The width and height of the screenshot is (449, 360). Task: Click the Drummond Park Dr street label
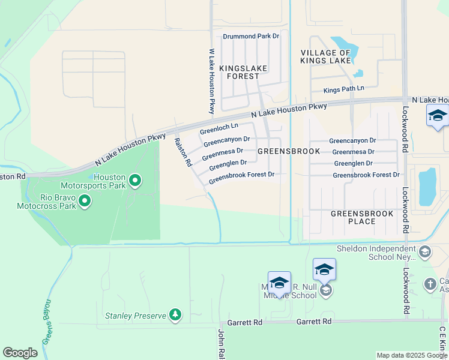[x=251, y=37]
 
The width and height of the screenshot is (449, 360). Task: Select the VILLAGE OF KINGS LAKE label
[x=325, y=57]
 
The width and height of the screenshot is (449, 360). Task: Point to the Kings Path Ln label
[x=344, y=89]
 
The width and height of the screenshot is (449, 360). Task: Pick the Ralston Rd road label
[x=182, y=152]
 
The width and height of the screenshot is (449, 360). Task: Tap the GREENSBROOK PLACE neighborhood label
[x=362, y=217]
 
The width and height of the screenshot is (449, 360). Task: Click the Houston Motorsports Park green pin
[x=135, y=180]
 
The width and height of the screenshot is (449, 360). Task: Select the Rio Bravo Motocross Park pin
[x=85, y=200]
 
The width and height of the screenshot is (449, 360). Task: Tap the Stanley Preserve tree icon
[x=175, y=314]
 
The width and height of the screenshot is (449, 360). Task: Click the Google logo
[x=20, y=353]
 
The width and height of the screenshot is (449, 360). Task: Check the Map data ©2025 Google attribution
[x=411, y=355]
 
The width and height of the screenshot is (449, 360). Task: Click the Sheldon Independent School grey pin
[x=425, y=251]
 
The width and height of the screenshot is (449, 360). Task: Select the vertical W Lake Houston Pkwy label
[x=211, y=81]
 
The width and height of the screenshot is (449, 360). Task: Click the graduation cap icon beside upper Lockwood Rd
[x=437, y=115]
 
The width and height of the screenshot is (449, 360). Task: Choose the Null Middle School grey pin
[x=325, y=291]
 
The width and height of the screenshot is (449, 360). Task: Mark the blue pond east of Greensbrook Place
[x=427, y=186]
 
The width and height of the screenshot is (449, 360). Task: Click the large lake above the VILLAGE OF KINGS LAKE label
[x=345, y=45]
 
